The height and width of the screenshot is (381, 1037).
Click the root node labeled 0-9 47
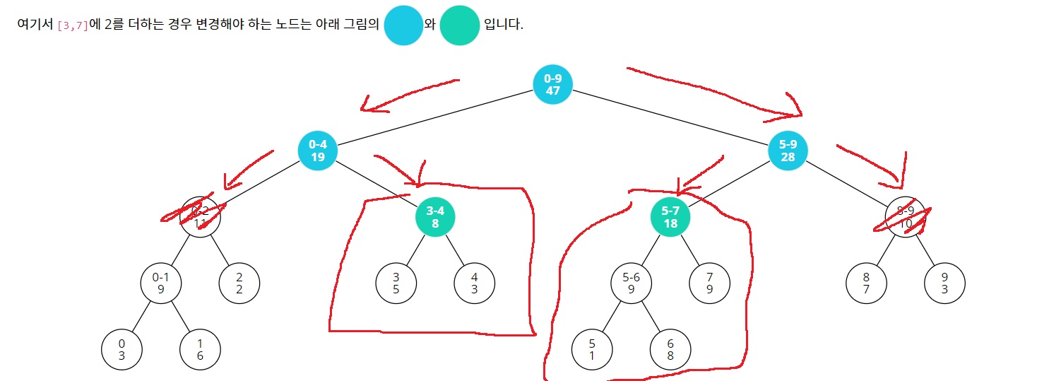pyautogui.click(x=552, y=84)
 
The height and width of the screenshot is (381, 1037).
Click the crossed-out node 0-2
pyautogui.click(x=200, y=217)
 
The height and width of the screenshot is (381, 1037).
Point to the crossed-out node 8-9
pyautogui.click(x=905, y=217)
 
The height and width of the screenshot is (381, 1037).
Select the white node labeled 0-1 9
pyautogui.click(x=161, y=283)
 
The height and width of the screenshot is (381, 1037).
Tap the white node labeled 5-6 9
pyautogui.click(x=631, y=283)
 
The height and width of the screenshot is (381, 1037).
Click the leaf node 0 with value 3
pyautogui.click(x=122, y=350)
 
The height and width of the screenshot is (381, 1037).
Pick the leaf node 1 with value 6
pyautogui.click(x=200, y=350)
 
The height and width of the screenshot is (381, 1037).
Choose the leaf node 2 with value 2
pyautogui.click(x=239, y=283)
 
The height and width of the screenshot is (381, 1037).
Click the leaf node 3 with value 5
pyautogui.click(x=396, y=283)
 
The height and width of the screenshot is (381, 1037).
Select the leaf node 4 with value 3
pyautogui.click(x=474, y=283)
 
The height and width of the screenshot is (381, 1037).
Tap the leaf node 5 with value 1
pyautogui.click(x=592, y=350)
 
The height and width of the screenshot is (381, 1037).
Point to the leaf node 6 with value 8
pyautogui.click(x=670, y=350)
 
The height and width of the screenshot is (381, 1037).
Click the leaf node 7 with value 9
pyautogui.click(x=709, y=283)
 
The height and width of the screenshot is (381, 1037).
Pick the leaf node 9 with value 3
pyautogui.click(x=944, y=283)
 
